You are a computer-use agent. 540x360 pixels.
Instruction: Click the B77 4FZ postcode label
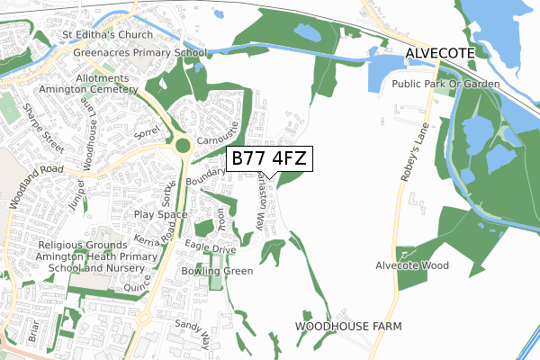point(269,158)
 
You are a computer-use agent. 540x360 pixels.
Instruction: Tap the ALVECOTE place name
point(439,54)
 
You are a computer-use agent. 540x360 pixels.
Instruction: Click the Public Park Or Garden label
point(445,84)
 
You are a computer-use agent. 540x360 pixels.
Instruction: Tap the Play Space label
point(160,215)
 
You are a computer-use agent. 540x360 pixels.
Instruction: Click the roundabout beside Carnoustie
point(184,146)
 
